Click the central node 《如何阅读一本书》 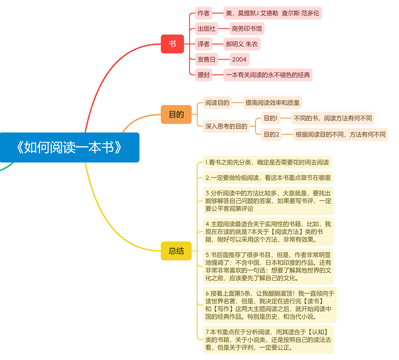[69, 147]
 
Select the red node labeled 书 [172, 44]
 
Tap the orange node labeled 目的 [176, 115]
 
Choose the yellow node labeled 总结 [176, 251]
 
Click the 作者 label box [204, 13]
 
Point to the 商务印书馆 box [247, 28]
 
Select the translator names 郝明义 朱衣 [242, 44]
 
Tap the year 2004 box [239, 59]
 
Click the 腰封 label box [204, 75]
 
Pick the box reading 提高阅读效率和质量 [273, 103]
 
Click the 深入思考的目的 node [226, 126]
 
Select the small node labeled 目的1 [271, 118]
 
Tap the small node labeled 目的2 [272, 135]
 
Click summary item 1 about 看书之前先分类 [267, 162]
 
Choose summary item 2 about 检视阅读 [268, 178]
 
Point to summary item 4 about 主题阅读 [268, 232]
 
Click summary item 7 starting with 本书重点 [268, 340]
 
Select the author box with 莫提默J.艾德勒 [273, 13]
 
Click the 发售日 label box [207, 59]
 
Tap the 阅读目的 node [217, 103]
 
